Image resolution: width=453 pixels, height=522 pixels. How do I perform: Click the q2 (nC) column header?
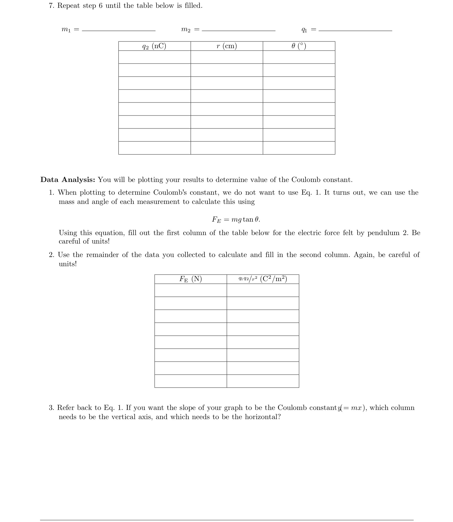coord(154,46)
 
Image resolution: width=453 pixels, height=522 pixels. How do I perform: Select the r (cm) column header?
coord(226,46)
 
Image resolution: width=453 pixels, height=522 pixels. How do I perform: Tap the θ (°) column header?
coord(299,46)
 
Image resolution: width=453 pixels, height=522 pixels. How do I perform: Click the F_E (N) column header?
coord(190,279)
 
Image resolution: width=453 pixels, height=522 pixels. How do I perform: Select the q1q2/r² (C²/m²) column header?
coord(263,279)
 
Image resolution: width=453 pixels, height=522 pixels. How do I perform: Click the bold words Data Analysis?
coord(68,180)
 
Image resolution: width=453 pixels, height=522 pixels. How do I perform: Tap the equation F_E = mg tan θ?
coord(236,219)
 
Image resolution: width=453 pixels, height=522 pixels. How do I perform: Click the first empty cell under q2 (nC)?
coord(154,57)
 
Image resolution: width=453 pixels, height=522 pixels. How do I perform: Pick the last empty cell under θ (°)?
coord(299,148)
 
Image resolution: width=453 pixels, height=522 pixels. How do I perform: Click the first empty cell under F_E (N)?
coord(190,290)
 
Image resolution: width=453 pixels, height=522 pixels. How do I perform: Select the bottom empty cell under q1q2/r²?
coord(263,381)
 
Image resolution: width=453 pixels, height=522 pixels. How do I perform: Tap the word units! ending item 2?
coord(67,264)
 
